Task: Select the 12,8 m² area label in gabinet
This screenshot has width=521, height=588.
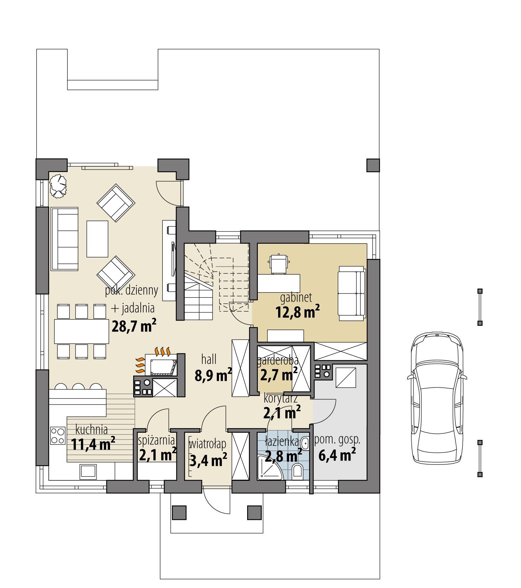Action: [297, 312]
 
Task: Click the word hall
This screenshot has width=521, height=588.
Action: [209, 360]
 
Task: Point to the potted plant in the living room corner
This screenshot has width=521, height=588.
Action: [58, 185]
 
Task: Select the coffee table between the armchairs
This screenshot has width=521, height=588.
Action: [97, 239]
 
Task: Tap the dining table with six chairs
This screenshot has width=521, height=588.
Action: [81, 331]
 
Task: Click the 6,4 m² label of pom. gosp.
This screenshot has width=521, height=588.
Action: [337, 455]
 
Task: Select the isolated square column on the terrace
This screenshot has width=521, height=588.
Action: [373, 165]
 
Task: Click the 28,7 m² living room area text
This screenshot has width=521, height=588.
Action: [134, 326]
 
